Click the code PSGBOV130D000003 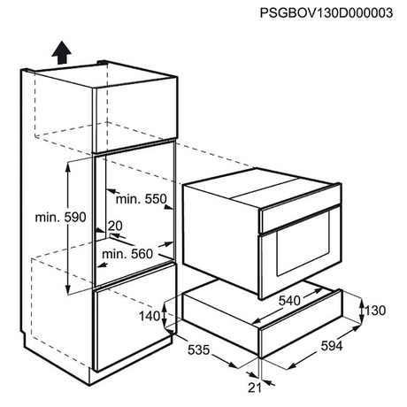point(326,13)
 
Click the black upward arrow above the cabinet point(61,52)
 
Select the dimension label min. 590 point(60,218)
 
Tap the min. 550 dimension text point(142,199)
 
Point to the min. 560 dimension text point(127,254)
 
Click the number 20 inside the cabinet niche point(115,226)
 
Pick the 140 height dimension point(150,316)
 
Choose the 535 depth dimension point(198,349)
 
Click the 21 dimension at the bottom point(255,388)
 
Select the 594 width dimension point(332,346)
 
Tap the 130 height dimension point(375,311)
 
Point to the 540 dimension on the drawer point(289,301)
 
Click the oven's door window point(303,243)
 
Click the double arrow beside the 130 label point(362,311)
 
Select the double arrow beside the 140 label point(165,315)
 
